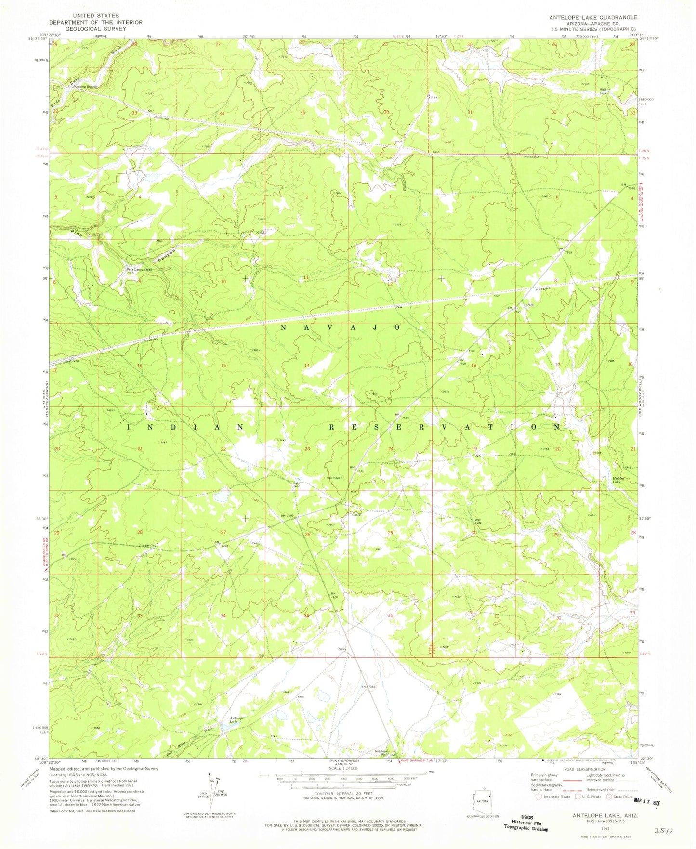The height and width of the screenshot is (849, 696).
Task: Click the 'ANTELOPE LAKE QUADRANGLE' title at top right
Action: coord(593,17)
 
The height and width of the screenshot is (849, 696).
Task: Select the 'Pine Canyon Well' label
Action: coord(139,269)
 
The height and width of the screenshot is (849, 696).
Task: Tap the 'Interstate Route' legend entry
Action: coord(552,797)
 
